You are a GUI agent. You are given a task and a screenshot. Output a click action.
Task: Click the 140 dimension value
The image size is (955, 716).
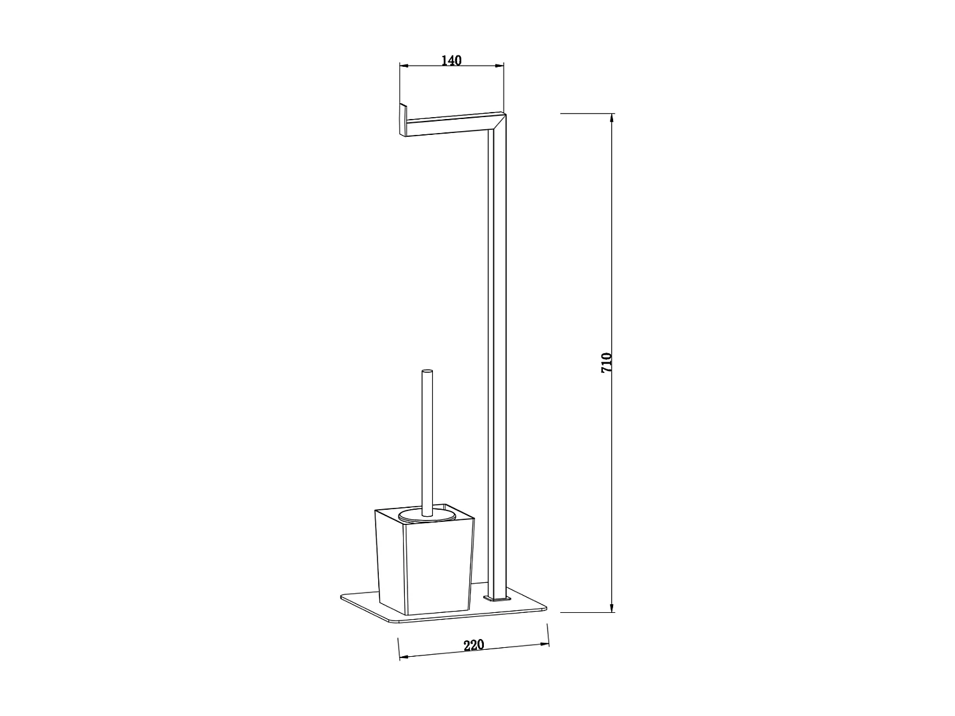(x=451, y=60)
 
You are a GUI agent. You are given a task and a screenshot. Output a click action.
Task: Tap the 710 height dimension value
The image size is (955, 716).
(x=606, y=362)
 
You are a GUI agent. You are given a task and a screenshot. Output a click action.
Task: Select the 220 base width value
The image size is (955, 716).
(x=474, y=645)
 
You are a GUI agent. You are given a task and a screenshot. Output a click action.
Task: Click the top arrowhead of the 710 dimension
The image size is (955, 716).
(x=612, y=118)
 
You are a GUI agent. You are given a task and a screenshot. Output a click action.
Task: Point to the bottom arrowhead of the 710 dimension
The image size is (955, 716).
(x=612, y=607)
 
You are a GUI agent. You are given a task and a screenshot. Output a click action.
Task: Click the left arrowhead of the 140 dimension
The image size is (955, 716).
(x=403, y=65)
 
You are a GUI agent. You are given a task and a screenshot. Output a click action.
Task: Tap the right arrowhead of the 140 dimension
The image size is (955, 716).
(x=499, y=65)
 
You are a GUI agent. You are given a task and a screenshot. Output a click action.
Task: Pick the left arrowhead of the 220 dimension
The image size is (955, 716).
(x=402, y=656)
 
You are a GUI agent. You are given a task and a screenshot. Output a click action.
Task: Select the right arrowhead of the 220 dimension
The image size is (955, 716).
(x=544, y=644)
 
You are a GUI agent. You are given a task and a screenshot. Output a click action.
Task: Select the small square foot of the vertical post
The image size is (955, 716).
(x=497, y=599)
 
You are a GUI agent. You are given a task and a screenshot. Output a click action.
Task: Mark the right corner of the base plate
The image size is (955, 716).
(x=545, y=609)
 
